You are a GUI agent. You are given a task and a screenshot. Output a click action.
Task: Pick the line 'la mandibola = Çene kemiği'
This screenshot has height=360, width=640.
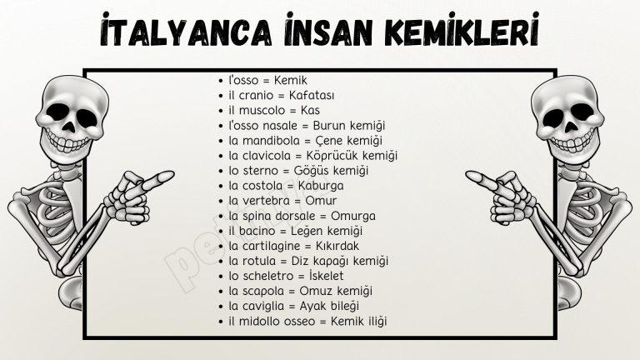(x=300, y=140)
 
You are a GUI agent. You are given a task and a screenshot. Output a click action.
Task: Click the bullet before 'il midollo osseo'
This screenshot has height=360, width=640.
(x=220, y=321)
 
